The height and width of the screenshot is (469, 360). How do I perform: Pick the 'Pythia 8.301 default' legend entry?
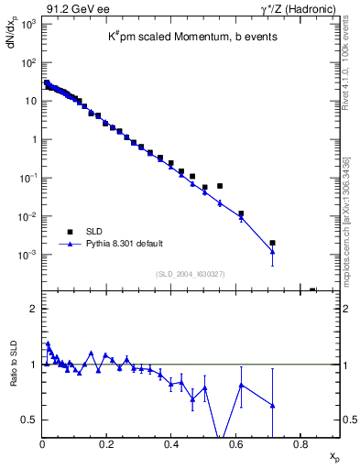[x=125, y=244]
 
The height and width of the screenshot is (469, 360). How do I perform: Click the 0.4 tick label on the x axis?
[x=171, y=444]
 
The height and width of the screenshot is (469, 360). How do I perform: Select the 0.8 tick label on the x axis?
[x=300, y=444]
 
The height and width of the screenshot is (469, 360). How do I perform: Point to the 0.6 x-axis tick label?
[x=236, y=444]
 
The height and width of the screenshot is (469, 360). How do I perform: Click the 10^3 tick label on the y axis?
[x=27, y=24]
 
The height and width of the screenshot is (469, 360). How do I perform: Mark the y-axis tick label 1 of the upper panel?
[x=33, y=139]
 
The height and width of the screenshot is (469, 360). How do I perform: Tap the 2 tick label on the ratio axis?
[x=33, y=309]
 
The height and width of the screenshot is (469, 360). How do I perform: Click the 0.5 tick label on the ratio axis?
[x=29, y=420]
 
